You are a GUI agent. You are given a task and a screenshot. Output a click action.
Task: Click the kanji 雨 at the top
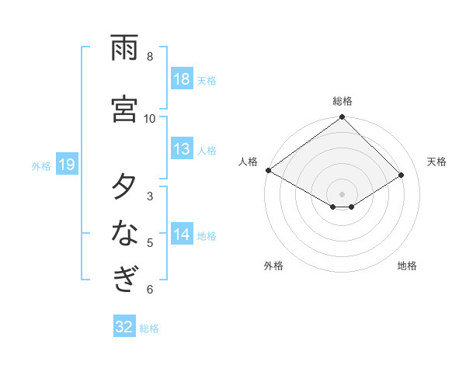click(124, 48)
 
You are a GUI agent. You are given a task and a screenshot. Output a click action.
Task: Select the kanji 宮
click(124, 109)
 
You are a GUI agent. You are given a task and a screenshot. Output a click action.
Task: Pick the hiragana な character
click(124, 233)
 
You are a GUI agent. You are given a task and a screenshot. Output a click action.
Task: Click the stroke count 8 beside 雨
click(150, 57)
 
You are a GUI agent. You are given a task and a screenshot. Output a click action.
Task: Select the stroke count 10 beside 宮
click(150, 118)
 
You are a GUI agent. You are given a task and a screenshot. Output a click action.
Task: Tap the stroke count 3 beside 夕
click(150, 196)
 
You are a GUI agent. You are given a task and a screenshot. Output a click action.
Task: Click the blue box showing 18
click(182, 80)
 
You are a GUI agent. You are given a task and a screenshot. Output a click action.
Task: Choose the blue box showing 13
click(182, 149)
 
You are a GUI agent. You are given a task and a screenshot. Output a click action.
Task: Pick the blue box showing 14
click(182, 235)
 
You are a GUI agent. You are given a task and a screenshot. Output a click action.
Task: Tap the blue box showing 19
click(67, 165)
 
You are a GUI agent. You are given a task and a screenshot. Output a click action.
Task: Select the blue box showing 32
click(124, 327)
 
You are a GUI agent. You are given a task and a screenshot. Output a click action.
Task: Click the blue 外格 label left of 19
click(41, 165)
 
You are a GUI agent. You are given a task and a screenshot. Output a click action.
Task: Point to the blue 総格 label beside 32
click(149, 328)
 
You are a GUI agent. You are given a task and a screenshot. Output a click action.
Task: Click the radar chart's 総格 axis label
click(343, 101)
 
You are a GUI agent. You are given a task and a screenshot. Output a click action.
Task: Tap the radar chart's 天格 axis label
click(436, 162)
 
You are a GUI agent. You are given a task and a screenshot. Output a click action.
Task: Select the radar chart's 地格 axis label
click(407, 266)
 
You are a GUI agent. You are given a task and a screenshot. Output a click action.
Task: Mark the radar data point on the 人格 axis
click(269, 170)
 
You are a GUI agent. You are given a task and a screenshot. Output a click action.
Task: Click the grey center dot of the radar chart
click(343, 193)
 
